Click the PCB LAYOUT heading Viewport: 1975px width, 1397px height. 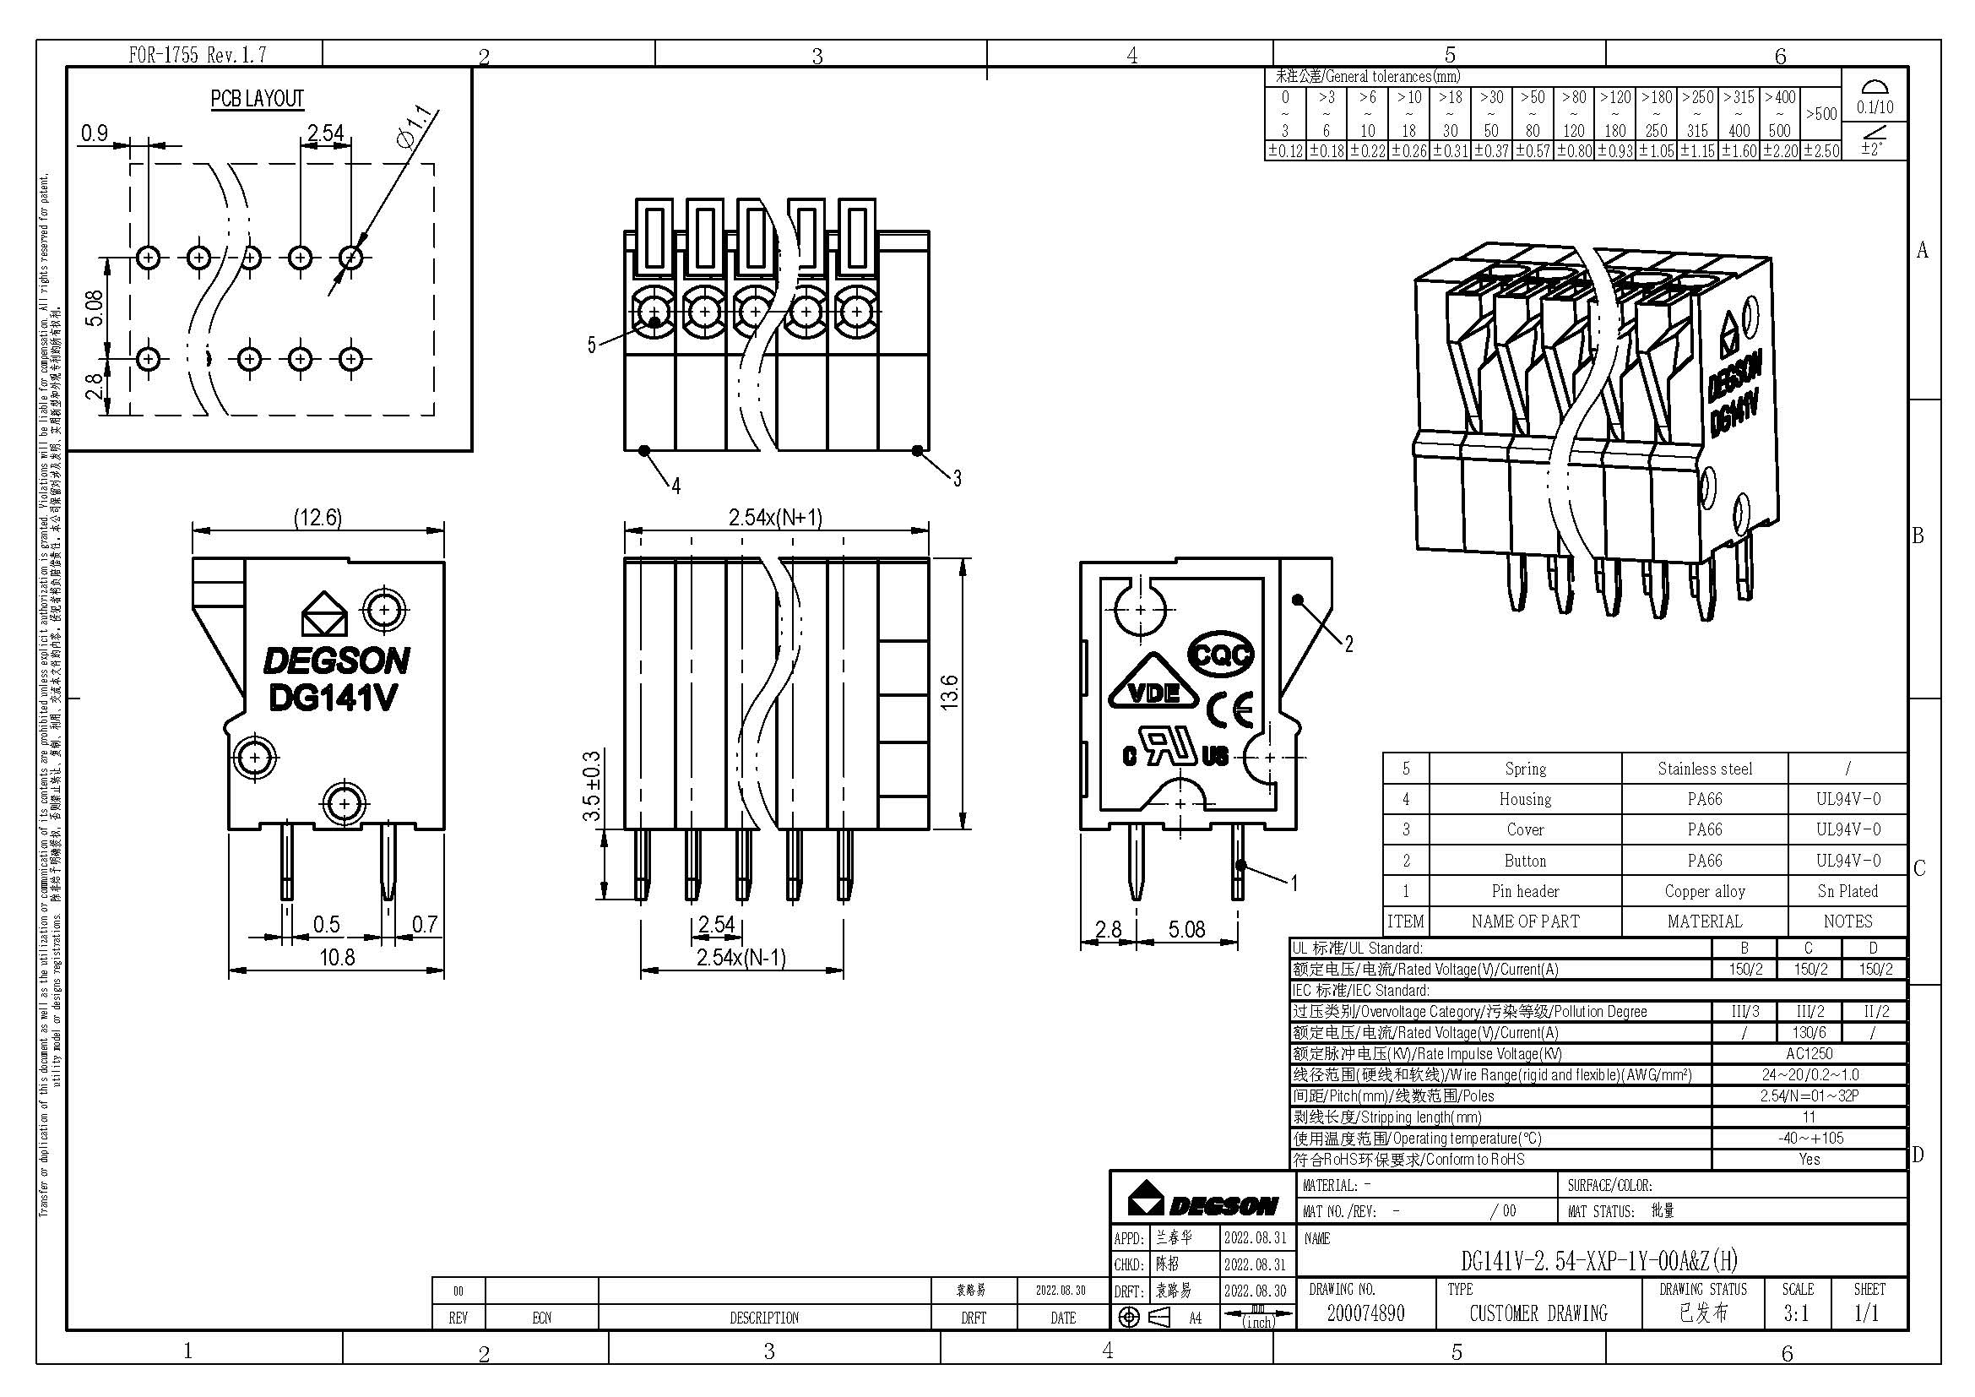click(258, 99)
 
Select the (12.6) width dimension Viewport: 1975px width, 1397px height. click(317, 517)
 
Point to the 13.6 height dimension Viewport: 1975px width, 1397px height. click(949, 693)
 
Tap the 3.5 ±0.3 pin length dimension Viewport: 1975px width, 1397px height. click(592, 786)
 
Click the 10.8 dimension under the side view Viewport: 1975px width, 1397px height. click(336, 958)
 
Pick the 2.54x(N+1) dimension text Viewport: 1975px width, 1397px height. click(775, 517)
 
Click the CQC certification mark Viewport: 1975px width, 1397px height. click(1221, 655)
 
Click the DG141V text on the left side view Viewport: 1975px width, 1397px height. click(333, 698)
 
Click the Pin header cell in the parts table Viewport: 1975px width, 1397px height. click(1524, 891)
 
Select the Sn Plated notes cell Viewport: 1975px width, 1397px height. click(1847, 891)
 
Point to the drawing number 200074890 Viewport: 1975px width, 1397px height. click(1365, 1313)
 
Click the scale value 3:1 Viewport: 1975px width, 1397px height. click(1796, 1313)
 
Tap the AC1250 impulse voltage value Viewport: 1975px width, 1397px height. click(1809, 1054)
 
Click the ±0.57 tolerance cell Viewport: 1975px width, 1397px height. click(1532, 151)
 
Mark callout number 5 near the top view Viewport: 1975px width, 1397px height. click(591, 345)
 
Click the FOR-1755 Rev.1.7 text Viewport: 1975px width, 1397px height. click(197, 55)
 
